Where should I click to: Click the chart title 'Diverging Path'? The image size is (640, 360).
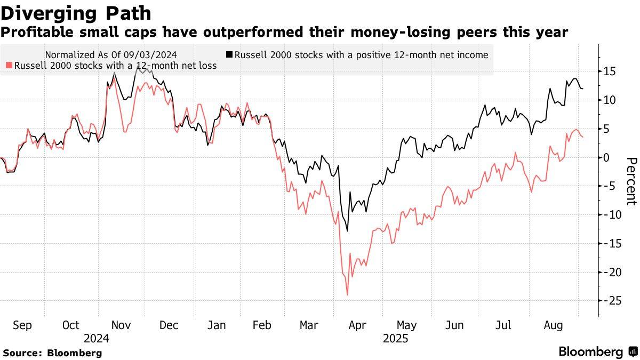tap(76, 13)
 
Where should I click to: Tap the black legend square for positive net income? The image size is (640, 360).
tap(229, 54)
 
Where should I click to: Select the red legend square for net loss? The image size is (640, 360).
tap(9, 66)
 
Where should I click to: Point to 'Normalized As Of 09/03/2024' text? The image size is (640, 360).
tap(111, 54)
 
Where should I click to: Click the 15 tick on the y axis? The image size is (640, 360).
tap(610, 71)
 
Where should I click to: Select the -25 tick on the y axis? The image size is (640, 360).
tap(608, 301)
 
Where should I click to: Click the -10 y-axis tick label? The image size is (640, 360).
tap(608, 215)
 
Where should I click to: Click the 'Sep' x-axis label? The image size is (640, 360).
tap(22, 325)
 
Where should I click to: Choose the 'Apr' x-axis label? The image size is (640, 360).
tap(358, 325)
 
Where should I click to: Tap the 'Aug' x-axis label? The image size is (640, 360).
tap(553, 325)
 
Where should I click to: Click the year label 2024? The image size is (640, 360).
tap(97, 339)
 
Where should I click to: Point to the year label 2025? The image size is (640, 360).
tap(395, 339)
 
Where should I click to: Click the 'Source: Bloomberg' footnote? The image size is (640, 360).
tap(52, 353)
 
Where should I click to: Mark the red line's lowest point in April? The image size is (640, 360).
tap(347, 295)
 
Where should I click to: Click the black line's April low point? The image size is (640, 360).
tap(348, 231)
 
